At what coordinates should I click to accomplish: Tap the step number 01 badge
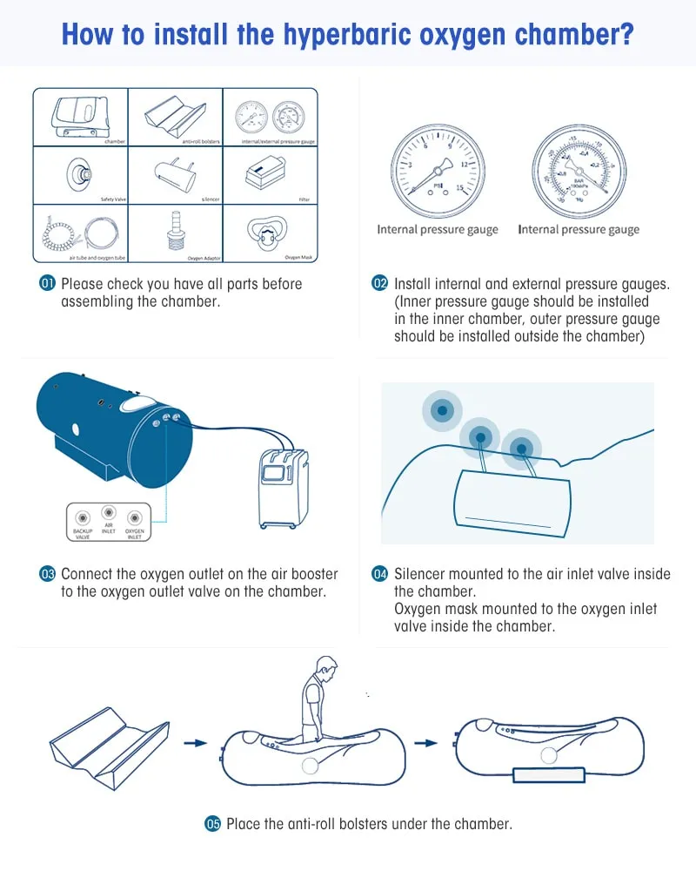[48, 284]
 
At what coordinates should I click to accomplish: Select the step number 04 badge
[380, 574]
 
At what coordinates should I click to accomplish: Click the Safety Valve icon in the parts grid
[79, 174]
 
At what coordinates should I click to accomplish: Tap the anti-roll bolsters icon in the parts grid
[173, 112]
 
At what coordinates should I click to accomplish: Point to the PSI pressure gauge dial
[437, 171]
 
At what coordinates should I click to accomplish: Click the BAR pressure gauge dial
[579, 171]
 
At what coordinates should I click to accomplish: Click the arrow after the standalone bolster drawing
[196, 743]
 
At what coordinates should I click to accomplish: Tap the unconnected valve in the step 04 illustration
[442, 409]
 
